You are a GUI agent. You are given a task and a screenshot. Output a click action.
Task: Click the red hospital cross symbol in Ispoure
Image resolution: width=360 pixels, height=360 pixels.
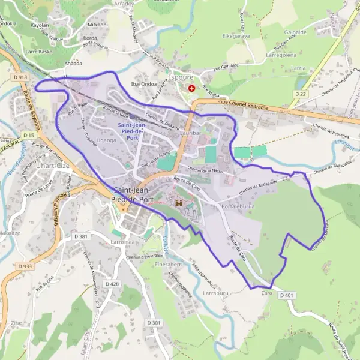pos(191,88)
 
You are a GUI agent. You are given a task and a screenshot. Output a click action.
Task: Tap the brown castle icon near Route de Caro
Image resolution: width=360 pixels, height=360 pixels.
pos(178,204)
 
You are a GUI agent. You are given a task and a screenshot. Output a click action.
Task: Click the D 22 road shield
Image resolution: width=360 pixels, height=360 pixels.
pos(301,94)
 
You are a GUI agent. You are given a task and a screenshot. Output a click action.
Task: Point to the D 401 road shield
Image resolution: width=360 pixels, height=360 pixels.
pos(288,295)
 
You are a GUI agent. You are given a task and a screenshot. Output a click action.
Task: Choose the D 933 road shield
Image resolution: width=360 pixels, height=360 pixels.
pos(25,266)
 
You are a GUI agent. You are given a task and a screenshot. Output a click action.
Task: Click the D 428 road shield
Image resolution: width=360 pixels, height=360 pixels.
pos(112,283)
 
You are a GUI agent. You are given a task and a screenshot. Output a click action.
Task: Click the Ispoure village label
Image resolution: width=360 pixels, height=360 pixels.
pos(181,77)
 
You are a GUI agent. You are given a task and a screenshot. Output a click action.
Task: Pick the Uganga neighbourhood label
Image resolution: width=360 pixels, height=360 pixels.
pos(106,139)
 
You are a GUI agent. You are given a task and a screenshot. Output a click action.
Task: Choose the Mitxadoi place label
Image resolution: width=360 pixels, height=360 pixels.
pos(97,25)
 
